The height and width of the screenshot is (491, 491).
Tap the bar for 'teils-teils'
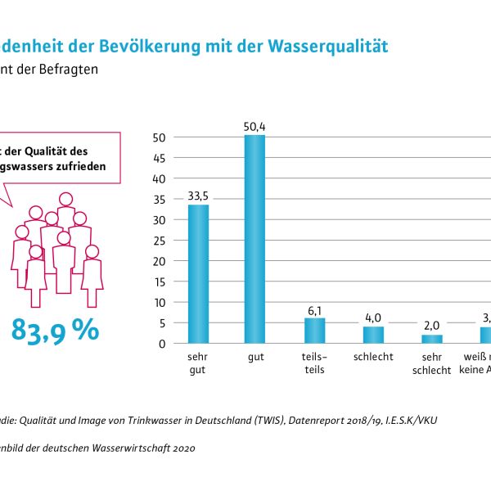coord(315,331)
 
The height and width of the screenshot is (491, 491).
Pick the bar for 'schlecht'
coord(373,335)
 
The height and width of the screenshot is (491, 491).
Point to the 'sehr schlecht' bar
coord(431,339)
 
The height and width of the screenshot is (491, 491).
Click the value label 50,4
coord(255,126)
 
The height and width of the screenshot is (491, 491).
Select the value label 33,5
coord(198,196)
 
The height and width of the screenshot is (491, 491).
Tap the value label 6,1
coord(315,309)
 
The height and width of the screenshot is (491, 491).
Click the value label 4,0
coord(373,318)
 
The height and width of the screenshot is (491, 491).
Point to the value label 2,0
coord(431,326)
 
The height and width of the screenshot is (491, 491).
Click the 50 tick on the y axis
coord(160,137)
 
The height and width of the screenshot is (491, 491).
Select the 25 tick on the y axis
coord(160,241)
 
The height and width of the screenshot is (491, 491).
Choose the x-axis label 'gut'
coord(255,357)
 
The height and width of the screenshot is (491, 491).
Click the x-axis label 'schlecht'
coord(373,357)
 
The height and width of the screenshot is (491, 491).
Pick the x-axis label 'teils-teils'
coord(315,363)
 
